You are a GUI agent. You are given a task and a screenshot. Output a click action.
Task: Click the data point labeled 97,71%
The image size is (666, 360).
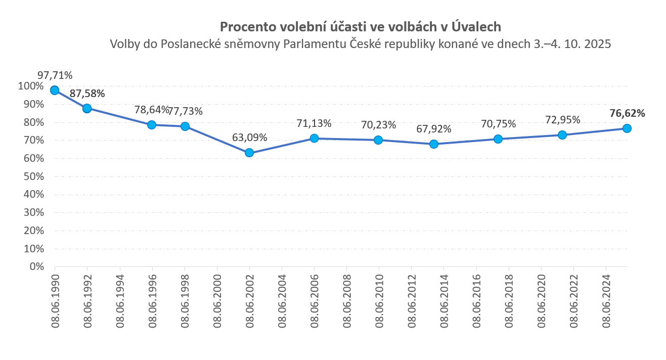(x=55, y=91)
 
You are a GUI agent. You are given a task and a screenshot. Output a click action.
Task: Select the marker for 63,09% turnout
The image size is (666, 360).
(x=249, y=153)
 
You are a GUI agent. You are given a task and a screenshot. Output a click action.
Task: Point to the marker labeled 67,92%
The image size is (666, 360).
(x=433, y=144)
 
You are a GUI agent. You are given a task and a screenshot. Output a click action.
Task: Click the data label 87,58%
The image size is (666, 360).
(x=87, y=94)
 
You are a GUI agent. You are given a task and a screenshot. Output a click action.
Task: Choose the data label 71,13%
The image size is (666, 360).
(x=314, y=123)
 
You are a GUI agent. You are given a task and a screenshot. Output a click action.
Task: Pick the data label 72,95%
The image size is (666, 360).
(x=562, y=120)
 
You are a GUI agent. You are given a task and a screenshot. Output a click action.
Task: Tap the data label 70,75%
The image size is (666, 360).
(x=498, y=124)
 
